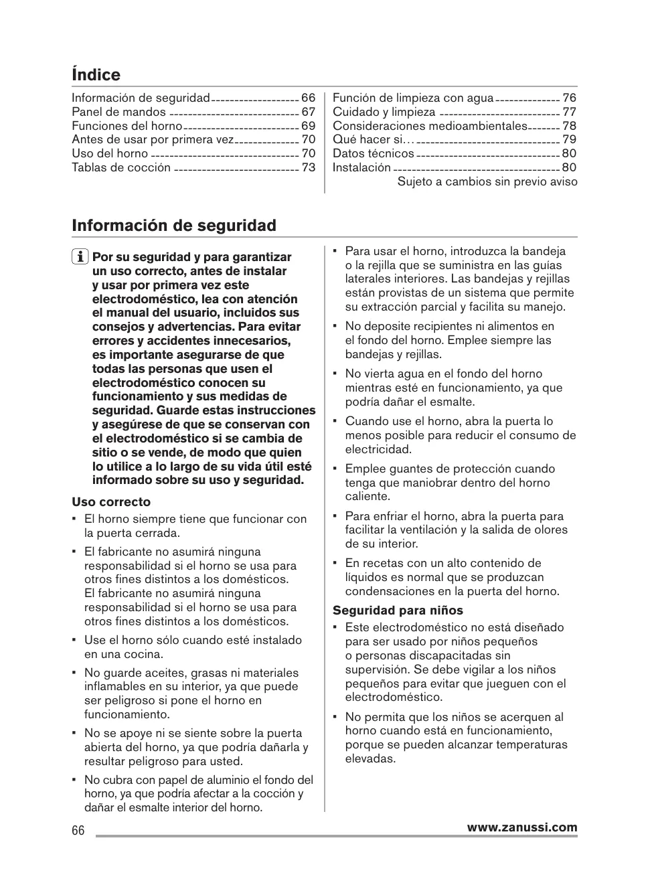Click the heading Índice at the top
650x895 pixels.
coord(96,75)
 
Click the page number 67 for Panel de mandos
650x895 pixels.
coord(308,112)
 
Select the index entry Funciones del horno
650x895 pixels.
coord(127,126)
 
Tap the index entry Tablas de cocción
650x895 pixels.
coord(121,167)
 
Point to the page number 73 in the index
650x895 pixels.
coord(308,167)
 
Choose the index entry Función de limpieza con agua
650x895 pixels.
coord(413,98)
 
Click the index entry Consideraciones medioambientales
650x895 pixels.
coord(430,126)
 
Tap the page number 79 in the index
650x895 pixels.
coord(569,139)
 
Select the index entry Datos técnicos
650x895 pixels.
coord(374,153)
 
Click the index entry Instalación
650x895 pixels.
coord(361,167)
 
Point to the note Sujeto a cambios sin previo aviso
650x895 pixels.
coord(487,181)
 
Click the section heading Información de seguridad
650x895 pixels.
coord(174,226)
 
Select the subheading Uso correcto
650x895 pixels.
coord(111,502)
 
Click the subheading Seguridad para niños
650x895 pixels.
coord(398,611)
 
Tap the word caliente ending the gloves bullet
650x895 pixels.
coord(368,496)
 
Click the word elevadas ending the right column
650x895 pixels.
coord(370,758)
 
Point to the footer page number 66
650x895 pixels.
coord(78,830)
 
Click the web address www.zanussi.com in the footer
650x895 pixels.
coord(522,827)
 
